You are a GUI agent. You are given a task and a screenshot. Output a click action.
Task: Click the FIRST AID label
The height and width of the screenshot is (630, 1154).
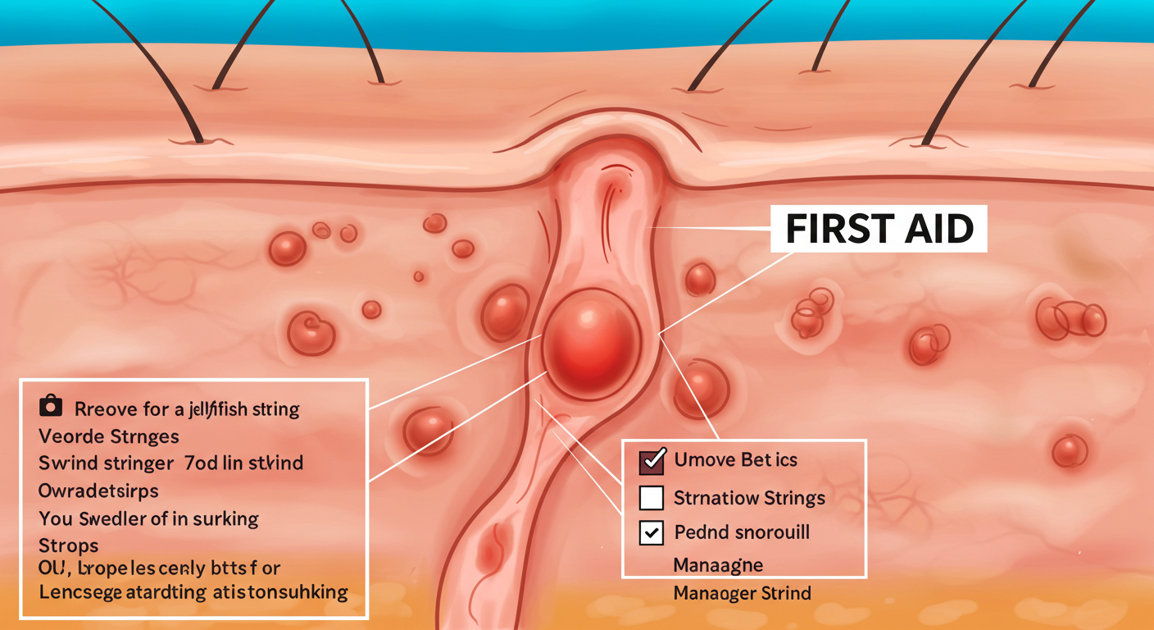(879, 230)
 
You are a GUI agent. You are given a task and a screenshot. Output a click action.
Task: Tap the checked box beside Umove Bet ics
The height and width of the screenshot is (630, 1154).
(651, 461)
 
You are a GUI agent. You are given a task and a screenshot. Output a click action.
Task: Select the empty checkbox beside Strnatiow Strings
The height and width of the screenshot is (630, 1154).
(651, 497)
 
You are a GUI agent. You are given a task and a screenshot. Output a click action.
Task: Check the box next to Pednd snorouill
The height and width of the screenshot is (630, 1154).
(651, 532)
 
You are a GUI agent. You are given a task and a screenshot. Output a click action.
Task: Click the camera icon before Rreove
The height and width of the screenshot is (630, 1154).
(51, 406)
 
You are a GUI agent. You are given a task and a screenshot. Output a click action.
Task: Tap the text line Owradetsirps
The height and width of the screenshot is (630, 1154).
(98, 491)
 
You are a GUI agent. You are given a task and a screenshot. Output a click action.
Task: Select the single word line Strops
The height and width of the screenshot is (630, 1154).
(68, 546)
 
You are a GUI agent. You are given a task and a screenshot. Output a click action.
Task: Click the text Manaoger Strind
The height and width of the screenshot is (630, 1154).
(742, 592)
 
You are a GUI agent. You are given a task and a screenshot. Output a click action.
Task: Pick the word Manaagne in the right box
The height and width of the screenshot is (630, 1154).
(718, 564)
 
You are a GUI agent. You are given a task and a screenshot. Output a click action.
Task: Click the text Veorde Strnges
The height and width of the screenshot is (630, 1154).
(108, 435)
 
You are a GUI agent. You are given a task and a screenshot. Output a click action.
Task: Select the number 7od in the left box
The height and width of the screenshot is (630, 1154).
(198, 463)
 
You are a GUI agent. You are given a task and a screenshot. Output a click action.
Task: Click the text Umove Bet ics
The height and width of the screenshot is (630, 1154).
(735, 460)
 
